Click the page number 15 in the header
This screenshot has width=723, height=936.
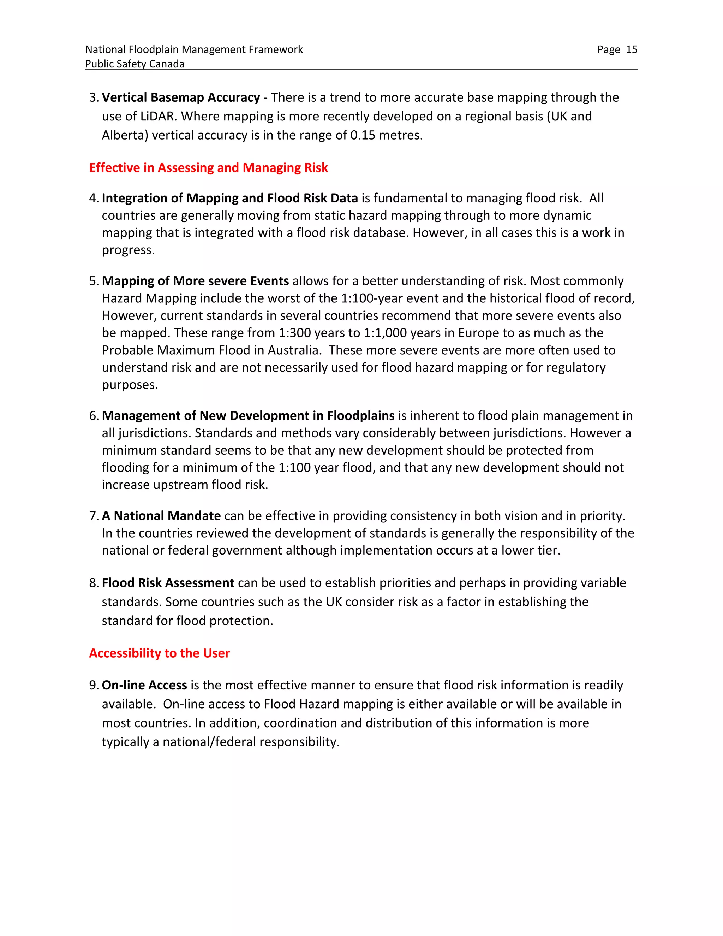tap(631, 50)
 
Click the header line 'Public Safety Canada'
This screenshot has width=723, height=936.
tap(135, 64)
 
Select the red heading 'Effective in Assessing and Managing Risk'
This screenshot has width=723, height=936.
tap(208, 167)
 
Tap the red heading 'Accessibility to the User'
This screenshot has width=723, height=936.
tap(159, 653)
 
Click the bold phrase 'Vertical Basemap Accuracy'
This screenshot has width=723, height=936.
tap(181, 98)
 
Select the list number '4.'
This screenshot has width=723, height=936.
tap(94, 199)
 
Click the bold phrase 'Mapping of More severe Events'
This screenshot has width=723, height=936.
tap(195, 281)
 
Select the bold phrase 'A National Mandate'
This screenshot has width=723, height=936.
tap(161, 516)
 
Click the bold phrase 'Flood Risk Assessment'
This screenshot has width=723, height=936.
tap(168, 583)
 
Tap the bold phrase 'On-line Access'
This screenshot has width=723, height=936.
tap(144, 685)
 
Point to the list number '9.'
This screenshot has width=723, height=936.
tap(94, 685)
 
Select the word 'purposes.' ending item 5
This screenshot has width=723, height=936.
tap(130, 385)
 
